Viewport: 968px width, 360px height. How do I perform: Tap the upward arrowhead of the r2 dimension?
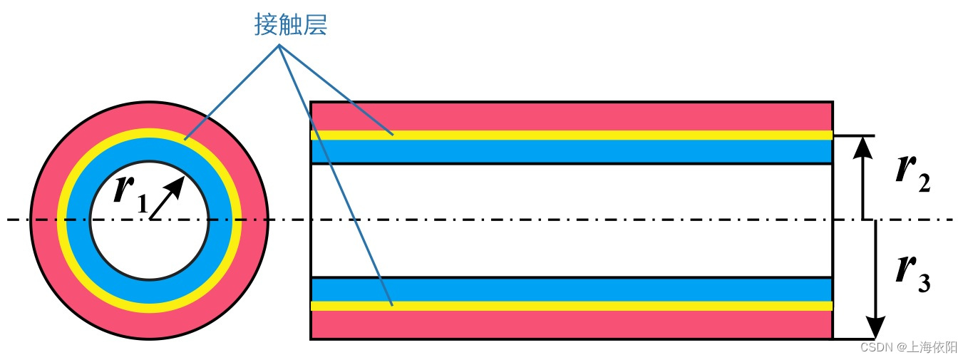863,145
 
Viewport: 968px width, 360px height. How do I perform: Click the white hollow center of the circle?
150,235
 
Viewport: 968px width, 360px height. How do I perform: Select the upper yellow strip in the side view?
570,135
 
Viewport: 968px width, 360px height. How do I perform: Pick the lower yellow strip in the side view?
570,306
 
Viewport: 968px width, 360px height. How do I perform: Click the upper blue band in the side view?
570,151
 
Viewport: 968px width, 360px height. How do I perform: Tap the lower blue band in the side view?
570,289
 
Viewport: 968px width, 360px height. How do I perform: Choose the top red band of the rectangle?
570,116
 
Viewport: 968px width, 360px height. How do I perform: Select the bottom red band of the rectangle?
570,324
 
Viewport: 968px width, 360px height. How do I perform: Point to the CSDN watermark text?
877,347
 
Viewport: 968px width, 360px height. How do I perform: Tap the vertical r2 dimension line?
863,185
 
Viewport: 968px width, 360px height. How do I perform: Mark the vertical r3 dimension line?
876,271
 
